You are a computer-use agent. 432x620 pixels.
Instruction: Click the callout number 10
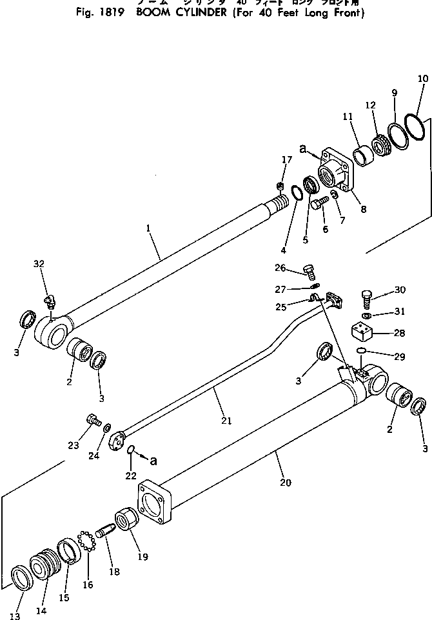click(422, 79)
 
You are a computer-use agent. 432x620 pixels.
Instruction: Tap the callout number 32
click(39, 264)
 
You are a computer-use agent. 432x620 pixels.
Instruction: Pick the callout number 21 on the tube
click(226, 421)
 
